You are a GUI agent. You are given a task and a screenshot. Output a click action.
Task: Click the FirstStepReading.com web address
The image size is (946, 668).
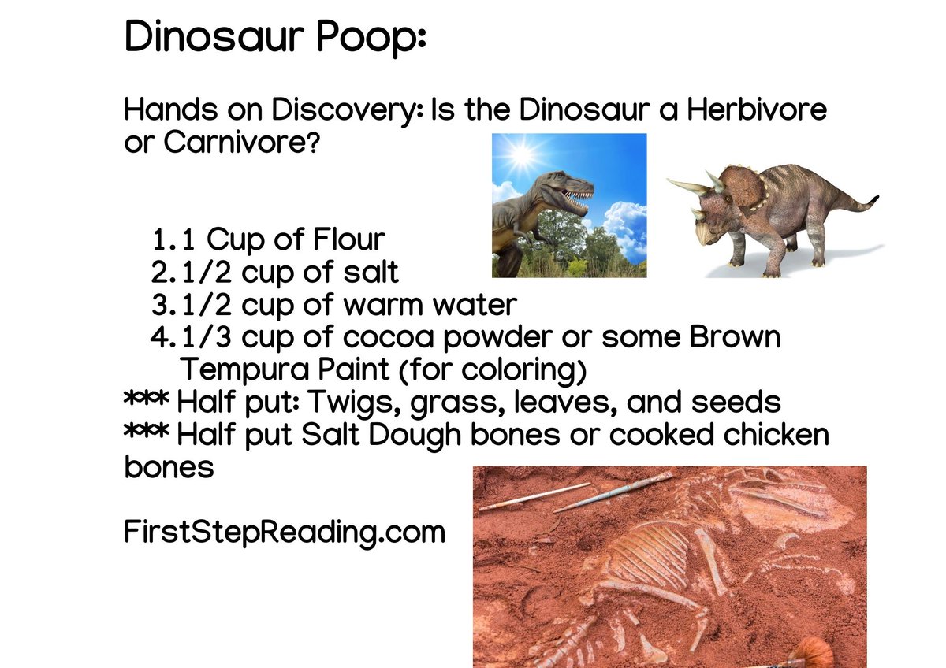pos(285,533)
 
